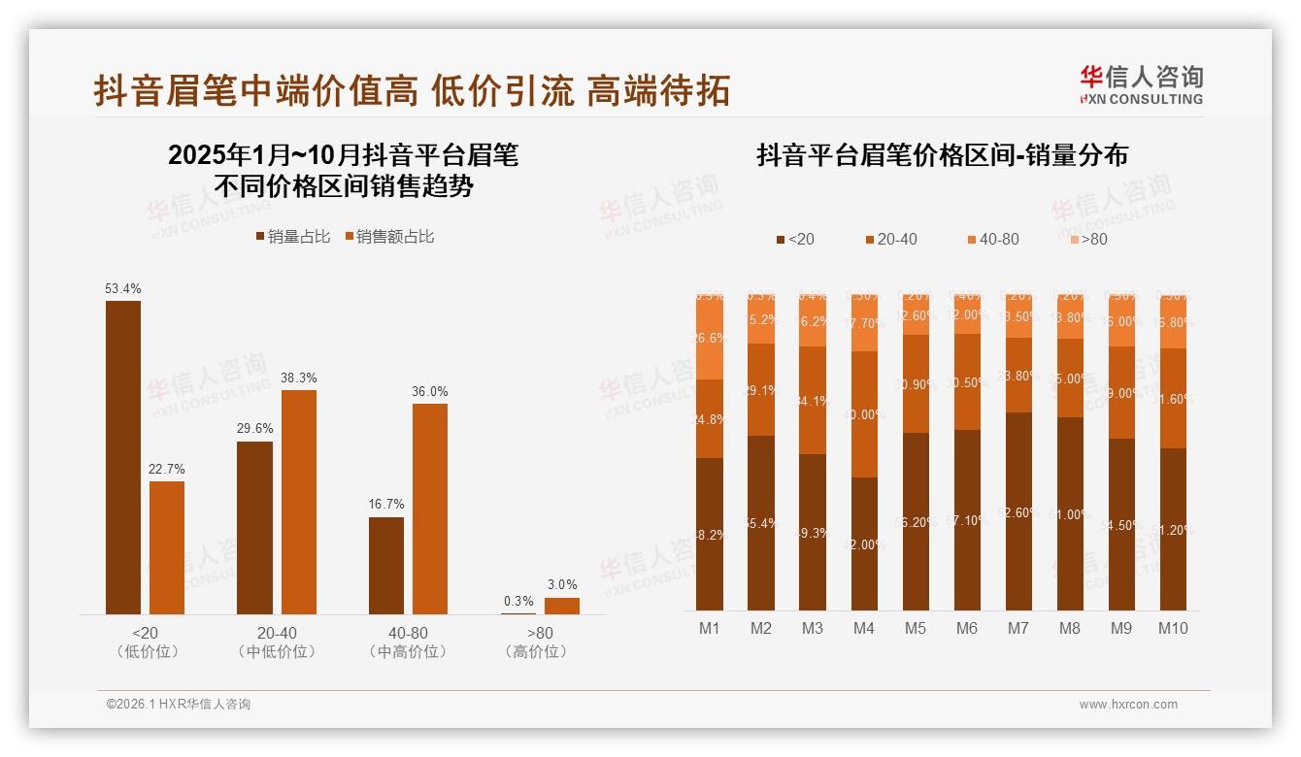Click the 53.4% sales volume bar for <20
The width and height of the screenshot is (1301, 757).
(123, 457)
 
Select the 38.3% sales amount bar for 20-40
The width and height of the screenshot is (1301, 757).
(299, 502)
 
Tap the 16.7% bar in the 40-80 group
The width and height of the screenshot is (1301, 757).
(386, 565)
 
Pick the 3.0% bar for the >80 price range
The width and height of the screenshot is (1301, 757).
(561, 606)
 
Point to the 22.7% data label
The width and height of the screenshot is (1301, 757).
(167, 470)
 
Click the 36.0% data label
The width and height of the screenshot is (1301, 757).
(430, 391)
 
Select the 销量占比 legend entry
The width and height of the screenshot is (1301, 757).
(293, 237)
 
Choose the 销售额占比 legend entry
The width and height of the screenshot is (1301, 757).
(389, 237)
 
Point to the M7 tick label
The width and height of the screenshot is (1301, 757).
(1017, 628)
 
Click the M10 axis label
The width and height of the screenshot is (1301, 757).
(1172, 628)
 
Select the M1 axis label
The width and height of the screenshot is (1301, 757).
(710, 628)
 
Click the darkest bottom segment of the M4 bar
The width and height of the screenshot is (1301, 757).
(864, 543)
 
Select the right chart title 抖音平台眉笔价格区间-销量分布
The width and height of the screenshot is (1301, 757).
(942, 155)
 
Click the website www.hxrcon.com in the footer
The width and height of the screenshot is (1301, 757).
(1128, 705)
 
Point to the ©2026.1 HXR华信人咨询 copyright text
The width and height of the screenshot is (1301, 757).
(179, 705)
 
